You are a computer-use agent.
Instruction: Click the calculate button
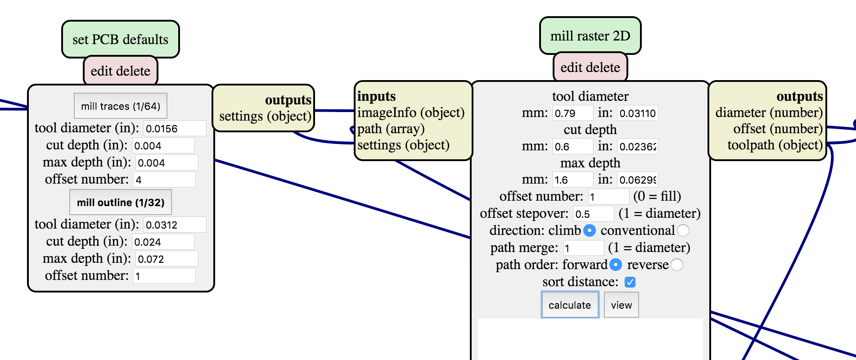(x=570, y=305)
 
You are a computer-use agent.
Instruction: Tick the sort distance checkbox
(x=630, y=282)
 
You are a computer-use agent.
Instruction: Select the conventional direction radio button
(x=683, y=230)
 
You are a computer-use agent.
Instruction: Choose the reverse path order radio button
(x=676, y=265)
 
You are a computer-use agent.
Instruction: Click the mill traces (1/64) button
(x=121, y=106)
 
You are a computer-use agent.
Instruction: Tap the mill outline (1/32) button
(x=121, y=202)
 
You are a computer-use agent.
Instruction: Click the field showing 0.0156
(x=175, y=129)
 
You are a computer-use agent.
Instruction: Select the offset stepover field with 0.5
(x=593, y=214)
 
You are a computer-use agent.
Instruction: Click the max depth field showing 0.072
(x=167, y=259)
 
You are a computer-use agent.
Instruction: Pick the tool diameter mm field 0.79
(x=572, y=113)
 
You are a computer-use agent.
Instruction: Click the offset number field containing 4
(x=164, y=180)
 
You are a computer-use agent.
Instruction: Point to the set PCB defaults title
(x=121, y=40)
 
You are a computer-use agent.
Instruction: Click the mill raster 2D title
(x=590, y=36)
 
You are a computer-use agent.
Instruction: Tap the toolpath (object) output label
(x=775, y=145)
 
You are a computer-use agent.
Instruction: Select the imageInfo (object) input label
(x=410, y=112)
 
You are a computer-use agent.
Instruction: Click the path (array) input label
(x=391, y=129)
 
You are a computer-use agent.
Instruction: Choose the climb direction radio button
(x=590, y=230)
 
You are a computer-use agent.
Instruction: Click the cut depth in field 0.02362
(x=637, y=146)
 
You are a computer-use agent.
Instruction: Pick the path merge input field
(x=583, y=248)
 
